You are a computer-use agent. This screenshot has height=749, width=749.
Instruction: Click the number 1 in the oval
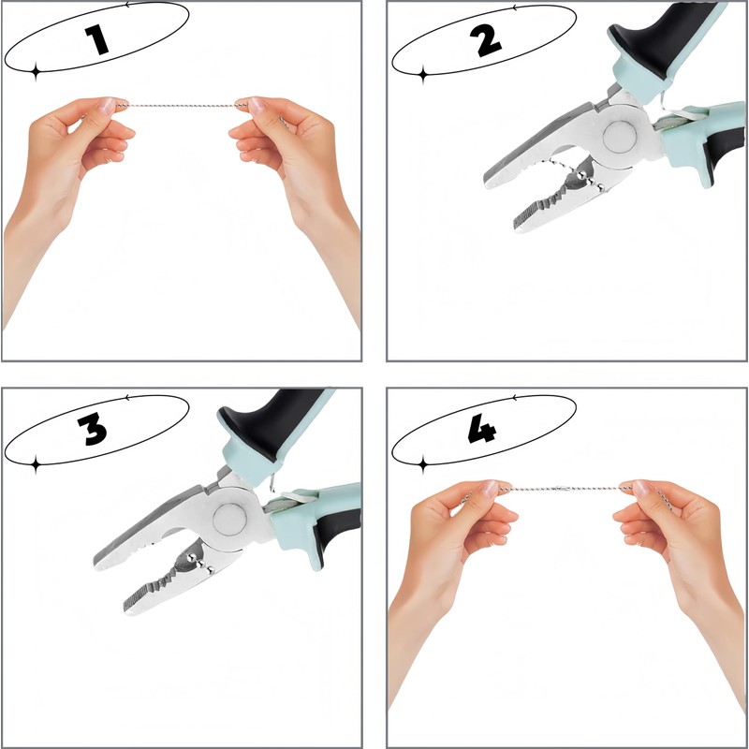(x=97, y=39)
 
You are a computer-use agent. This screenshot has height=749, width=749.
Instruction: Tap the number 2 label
(x=485, y=40)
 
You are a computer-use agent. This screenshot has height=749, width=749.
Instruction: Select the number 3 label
(x=93, y=429)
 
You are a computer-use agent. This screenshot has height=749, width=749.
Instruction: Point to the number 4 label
(x=482, y=429)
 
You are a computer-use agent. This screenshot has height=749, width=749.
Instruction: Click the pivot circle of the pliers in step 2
(x=620, y=137)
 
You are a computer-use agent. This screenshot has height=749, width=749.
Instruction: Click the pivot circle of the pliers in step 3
(x=229, y=520)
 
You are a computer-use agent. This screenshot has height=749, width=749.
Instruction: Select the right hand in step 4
(x=683, y=573)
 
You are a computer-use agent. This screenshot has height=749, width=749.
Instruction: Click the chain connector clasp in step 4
(x=563, y=489)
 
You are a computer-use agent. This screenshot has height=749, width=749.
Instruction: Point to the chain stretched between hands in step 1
(x=183, y=105)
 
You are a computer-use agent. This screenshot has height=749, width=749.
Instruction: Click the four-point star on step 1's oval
(x=36, y=72)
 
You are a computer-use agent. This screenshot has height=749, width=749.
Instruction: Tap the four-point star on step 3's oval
(x=36, y=463)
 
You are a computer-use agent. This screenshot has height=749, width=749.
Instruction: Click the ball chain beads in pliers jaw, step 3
(x=199, y=561)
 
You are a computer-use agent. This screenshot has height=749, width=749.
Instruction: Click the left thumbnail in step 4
(x=490, y=488)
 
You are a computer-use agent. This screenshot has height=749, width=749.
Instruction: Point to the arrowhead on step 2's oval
(x=514, y=7)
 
